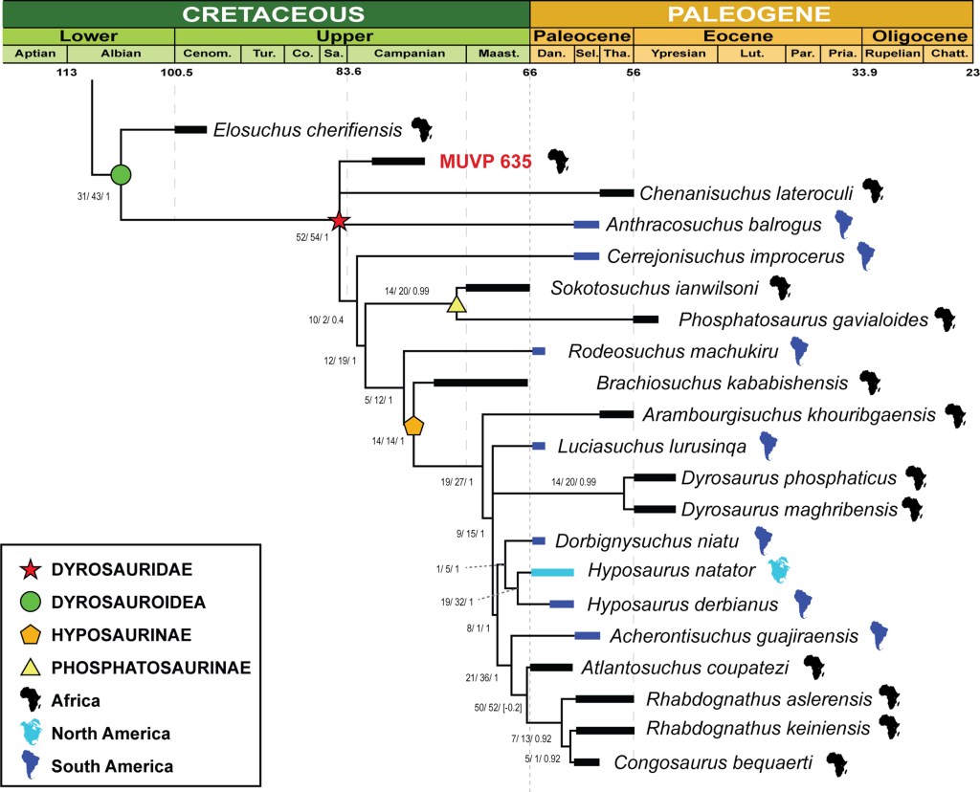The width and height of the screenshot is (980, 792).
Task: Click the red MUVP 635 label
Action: click(x=484, y=162)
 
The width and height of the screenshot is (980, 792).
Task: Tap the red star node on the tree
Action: click(x=338, y=222)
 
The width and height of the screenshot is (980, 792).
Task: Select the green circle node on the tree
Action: click(x=121, y=174)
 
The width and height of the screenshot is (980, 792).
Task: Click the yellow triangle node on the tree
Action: click(x=456, y=305)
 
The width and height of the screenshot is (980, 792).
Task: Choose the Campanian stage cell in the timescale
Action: click(x=410, y=54)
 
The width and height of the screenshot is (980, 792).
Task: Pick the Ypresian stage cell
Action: click(x=679, y=54)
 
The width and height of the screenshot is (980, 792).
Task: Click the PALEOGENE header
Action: click(x=749, y=14)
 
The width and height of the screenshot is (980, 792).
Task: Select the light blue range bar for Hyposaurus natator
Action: click(x=552, y=572)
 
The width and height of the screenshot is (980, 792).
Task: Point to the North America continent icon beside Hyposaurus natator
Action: click(x=782, y=570)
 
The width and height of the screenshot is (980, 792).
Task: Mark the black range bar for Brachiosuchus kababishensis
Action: click(x=480, y=383)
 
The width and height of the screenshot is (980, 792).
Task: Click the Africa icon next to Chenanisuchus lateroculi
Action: click(x=872, y=190)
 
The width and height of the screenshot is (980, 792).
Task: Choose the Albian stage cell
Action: click(x=121, y=54)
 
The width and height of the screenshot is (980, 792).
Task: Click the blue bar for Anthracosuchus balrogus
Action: click(x=586, y=224)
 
